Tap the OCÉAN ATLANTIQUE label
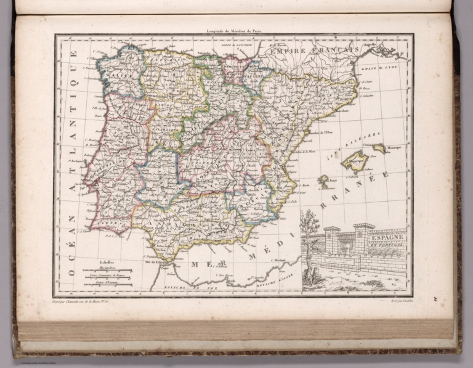pos(73,163)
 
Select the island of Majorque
pos(355,161)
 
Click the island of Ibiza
pos(323,181)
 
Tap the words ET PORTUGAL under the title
pos(387,243)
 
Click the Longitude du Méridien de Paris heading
pos(234,31)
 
